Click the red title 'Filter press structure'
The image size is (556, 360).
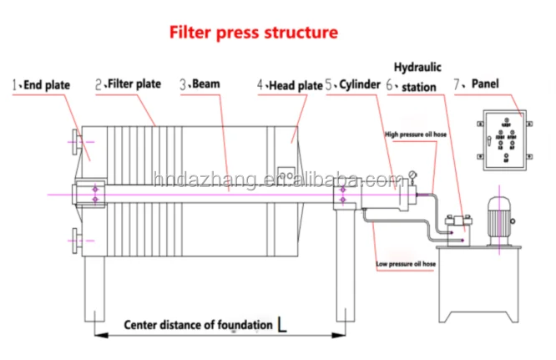pos(254,33)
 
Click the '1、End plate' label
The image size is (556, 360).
pos(41,84)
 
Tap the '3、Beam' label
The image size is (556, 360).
pos(203,84)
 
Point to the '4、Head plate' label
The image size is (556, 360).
pos(289,84)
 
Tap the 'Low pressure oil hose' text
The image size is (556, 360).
pos(407,264)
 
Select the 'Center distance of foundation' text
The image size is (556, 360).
pos(199,324)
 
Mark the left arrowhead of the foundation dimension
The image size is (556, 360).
pos(95,336)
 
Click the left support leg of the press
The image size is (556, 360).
pos(94,288)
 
